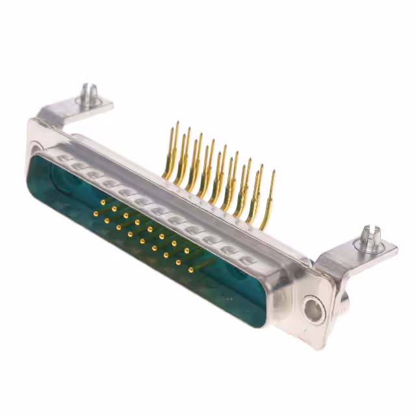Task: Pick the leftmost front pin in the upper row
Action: tap(103, 202)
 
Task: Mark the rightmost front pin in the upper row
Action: tap(187, 250)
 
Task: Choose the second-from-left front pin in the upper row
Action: tap(114, 209)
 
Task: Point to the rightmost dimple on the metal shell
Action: tap(246, 259)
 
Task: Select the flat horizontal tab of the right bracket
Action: tap(367, 251)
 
